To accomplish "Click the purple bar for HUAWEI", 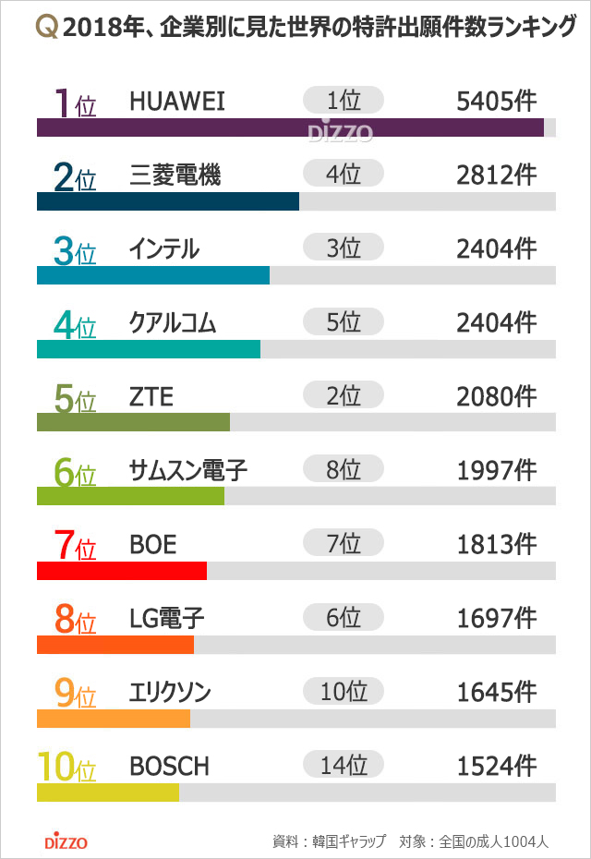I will (x=290, y=127).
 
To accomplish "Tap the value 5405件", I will (x=496, y=101).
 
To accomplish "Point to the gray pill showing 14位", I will (x=343, y=766).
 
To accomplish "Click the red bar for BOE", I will (x=122, y=571).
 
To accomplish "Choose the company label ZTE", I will (x=151, y=396).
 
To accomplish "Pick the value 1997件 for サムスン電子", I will (x=496, y=470).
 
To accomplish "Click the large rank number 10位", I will (x=66, y=767).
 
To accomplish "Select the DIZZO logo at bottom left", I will (x=66, y=841).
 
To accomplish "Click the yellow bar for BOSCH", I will (x=108, y=792).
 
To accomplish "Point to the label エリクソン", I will (x=171, y=692).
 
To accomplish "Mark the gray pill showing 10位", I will (x=343, y=692).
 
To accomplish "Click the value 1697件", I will (x=496, y=618).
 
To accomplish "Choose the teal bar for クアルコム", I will (x=149, y=349).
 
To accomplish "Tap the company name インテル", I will (x=164, y=248).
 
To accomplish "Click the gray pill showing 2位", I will (x=343, y=396).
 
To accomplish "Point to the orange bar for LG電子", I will (x=115, y=645).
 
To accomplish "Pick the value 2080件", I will (x=496, y=396).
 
